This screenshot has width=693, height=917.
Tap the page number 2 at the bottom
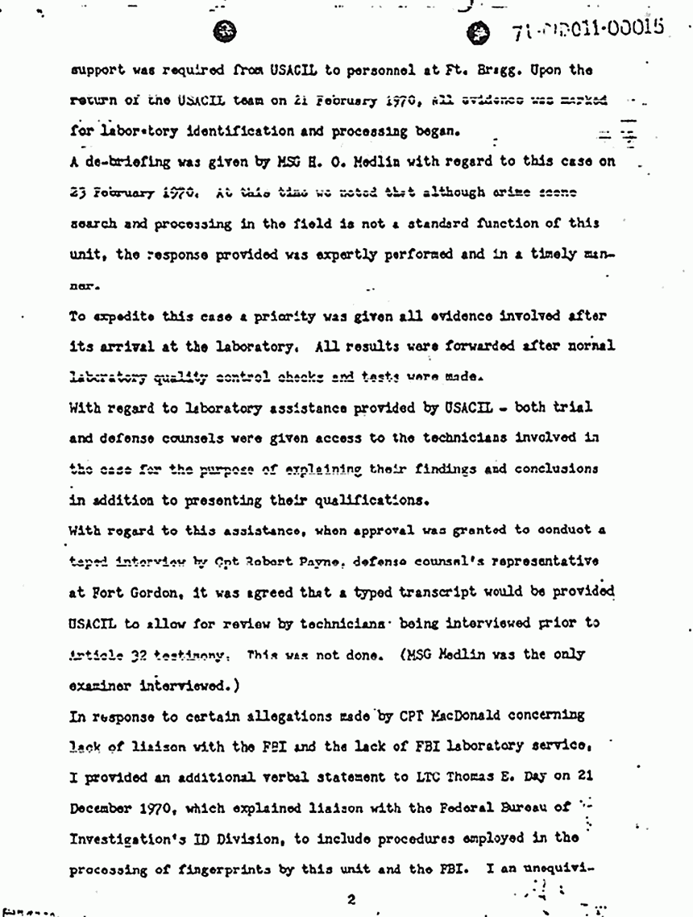click(x=351, y=898)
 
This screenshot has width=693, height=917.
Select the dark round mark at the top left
click(x=226, y=30)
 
